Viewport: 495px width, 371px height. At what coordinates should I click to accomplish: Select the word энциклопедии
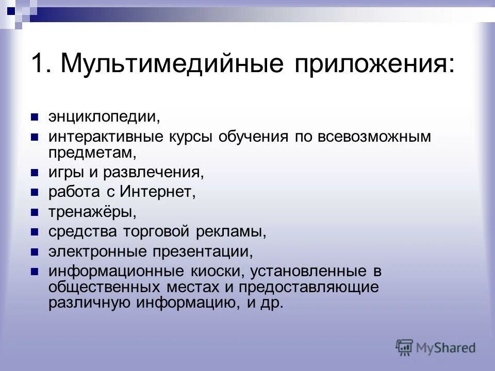105,116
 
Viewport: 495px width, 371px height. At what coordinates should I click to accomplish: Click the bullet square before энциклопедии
35,116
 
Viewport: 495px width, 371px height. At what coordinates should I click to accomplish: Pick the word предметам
93,152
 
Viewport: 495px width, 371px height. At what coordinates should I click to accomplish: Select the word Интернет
158,192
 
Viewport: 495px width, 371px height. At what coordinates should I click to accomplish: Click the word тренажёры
93,212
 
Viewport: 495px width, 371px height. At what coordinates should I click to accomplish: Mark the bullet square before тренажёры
35,212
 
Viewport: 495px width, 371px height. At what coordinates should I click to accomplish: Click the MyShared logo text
446,348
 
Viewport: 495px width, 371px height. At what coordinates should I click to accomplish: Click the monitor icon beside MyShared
404,347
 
